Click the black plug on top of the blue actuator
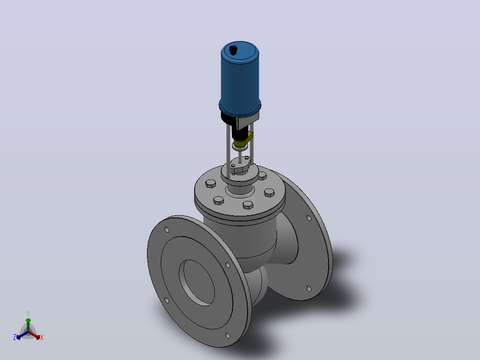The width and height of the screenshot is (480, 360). (233, 50)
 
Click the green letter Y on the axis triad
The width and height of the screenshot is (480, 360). (28, 313)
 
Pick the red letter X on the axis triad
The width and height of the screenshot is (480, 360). (42, 337)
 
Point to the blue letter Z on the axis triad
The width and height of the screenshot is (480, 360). (15, 337)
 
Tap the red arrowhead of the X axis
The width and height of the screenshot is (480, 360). (38, 337)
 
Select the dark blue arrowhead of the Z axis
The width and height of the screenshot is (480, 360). (19, 337)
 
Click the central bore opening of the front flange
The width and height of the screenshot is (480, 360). (197, 282)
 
